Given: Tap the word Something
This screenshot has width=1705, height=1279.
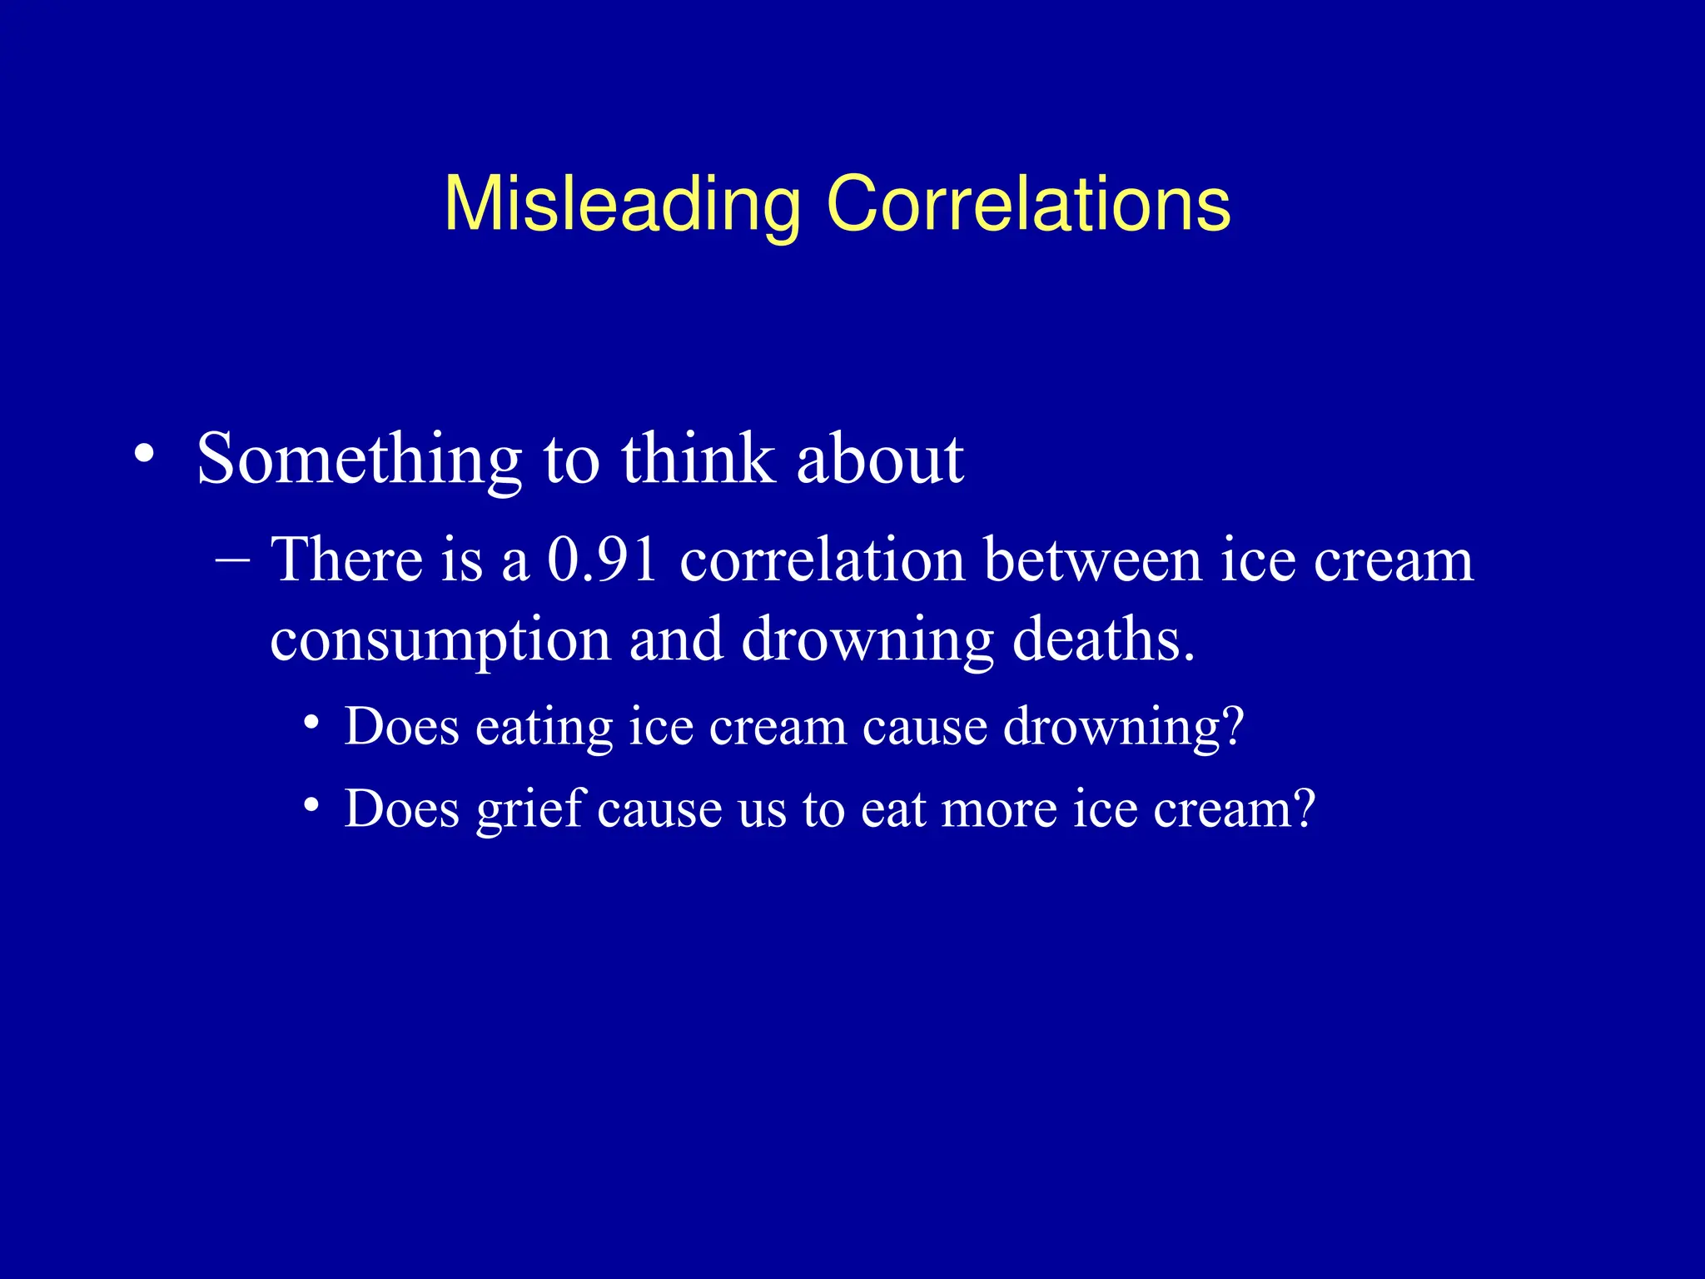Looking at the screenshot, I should click(x=359, y=460).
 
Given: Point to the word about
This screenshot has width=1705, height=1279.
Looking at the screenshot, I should click(x=880, y=460).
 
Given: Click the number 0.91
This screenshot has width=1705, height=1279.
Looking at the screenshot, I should click(x=603, y=560).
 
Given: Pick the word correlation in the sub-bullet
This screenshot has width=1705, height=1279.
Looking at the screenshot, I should click(x=822, y=560).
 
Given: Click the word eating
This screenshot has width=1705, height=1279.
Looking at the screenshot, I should click(x=543, y=727).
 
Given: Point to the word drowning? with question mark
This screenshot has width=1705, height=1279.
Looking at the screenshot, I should click(x=1123, y=727).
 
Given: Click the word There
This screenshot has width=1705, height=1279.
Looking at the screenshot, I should click(x=347, y=560).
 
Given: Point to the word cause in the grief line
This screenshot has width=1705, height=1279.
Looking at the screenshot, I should click(x=659, y=809).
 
